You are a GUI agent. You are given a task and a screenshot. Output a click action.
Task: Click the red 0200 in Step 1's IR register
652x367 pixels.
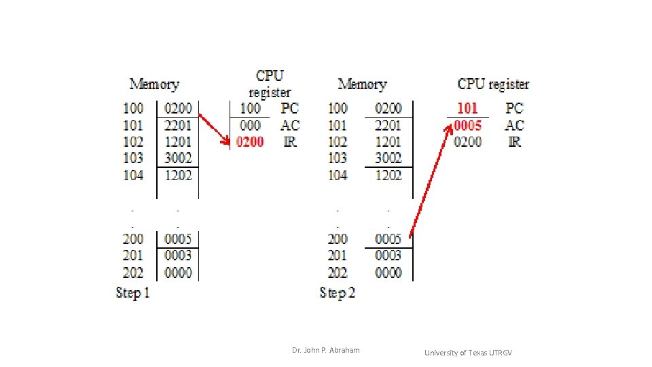[x=250, y=142]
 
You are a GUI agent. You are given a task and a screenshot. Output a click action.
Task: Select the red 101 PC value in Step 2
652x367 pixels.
[x=467, y=108]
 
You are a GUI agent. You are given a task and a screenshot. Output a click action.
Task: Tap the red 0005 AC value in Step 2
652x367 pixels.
[x=467, y=125]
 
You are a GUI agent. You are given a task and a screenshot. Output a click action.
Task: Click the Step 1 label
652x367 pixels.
[x=133, y=293]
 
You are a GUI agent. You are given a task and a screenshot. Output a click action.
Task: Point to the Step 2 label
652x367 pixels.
[x=338, y=293]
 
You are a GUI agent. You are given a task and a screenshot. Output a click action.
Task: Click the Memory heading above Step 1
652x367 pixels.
[x=154, y=84]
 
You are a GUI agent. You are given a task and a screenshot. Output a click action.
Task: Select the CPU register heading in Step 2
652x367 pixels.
[x=493, y=84]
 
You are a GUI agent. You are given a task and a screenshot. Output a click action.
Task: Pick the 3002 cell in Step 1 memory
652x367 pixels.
[x=178, y=158]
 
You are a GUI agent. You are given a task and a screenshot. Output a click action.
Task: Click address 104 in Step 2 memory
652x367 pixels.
[x=338, y=175]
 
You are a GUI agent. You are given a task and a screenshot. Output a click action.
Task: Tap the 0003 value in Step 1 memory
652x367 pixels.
[x=178, y=256]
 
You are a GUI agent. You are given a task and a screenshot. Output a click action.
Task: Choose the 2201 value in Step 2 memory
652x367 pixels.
[x=388, y=125]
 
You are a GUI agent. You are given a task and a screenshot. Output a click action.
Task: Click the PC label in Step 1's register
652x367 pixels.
[x=289, y=108]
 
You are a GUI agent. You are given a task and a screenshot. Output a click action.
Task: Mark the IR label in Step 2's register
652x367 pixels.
[x=515, y=142]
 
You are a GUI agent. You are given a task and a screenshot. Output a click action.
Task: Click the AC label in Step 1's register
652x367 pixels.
[x=289, y=125]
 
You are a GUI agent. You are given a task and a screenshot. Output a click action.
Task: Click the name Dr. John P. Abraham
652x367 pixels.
[x=326, y=350]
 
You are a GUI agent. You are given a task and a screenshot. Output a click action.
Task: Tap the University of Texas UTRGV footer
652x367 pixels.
[x=469, y=352]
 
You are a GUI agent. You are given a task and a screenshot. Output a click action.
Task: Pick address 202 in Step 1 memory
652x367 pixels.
[x=133, y=273]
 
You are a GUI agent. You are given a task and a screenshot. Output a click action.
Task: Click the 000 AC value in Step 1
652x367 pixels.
[x=250, y=125]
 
